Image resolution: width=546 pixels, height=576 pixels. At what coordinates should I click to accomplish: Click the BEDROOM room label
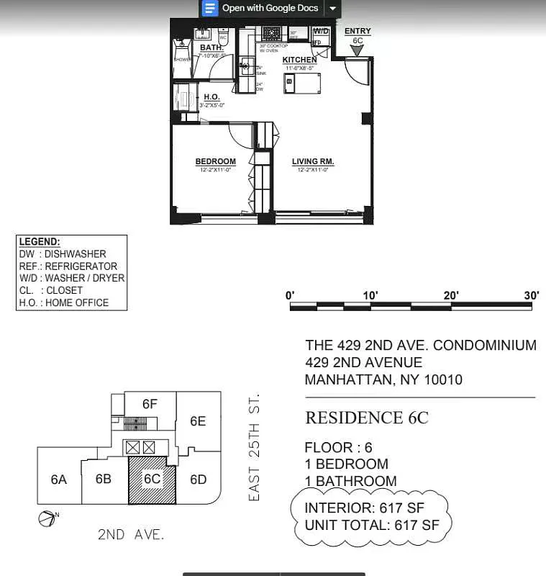coord(215,161)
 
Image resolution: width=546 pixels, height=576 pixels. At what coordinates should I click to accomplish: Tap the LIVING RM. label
coord(313,161)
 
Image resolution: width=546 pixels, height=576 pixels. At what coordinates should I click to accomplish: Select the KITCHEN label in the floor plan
coord(299,60)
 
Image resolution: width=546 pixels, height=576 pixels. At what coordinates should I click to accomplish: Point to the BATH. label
coord(211,48)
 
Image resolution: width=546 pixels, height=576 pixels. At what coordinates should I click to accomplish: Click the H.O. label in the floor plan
coord(211,96)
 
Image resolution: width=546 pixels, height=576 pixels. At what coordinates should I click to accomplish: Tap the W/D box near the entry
coord(321,32)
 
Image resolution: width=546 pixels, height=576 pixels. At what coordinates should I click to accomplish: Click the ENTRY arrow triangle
coord(358,51)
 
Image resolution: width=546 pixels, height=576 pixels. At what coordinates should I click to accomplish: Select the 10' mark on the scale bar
coord(370,295)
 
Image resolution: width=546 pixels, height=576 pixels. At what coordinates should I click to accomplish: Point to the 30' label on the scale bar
coord(531,295)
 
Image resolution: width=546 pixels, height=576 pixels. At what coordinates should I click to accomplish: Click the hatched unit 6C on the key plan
coord(152,480)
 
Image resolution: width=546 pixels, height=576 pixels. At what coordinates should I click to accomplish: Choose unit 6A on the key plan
coord(59,479)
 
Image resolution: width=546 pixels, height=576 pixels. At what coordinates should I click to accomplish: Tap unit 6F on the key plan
coord(150,404)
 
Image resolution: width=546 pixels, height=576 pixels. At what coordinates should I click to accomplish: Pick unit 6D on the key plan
coord(198,479)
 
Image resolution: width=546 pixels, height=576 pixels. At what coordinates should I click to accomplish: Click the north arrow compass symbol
coord(45,518)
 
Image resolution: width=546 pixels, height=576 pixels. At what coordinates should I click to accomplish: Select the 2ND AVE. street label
coord(131,534)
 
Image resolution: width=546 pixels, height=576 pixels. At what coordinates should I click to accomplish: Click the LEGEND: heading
coord(40,242)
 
